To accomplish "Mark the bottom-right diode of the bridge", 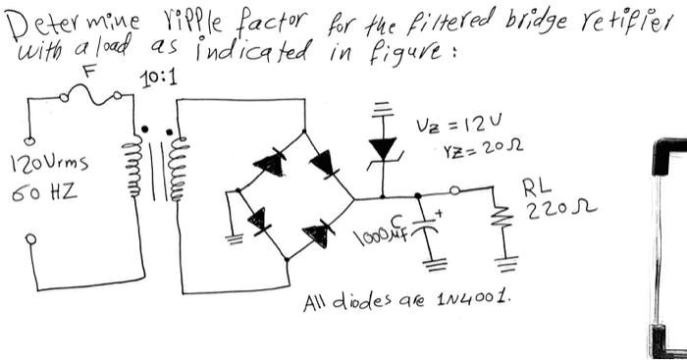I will click(315, 232).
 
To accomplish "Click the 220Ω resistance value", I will click(544, 208).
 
